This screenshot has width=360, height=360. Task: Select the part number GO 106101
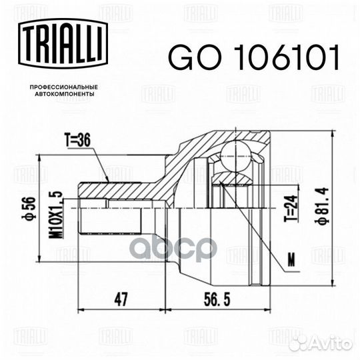pyautogui.click(x=254, y=59)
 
